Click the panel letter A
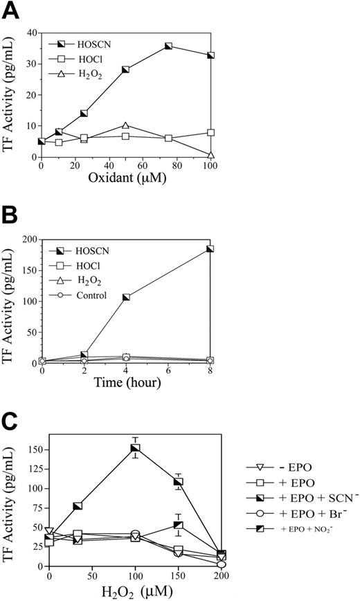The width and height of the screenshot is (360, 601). (10, 10)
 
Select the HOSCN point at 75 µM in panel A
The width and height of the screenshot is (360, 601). (168, 46)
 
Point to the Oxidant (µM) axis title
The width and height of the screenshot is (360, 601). (125, 183)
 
